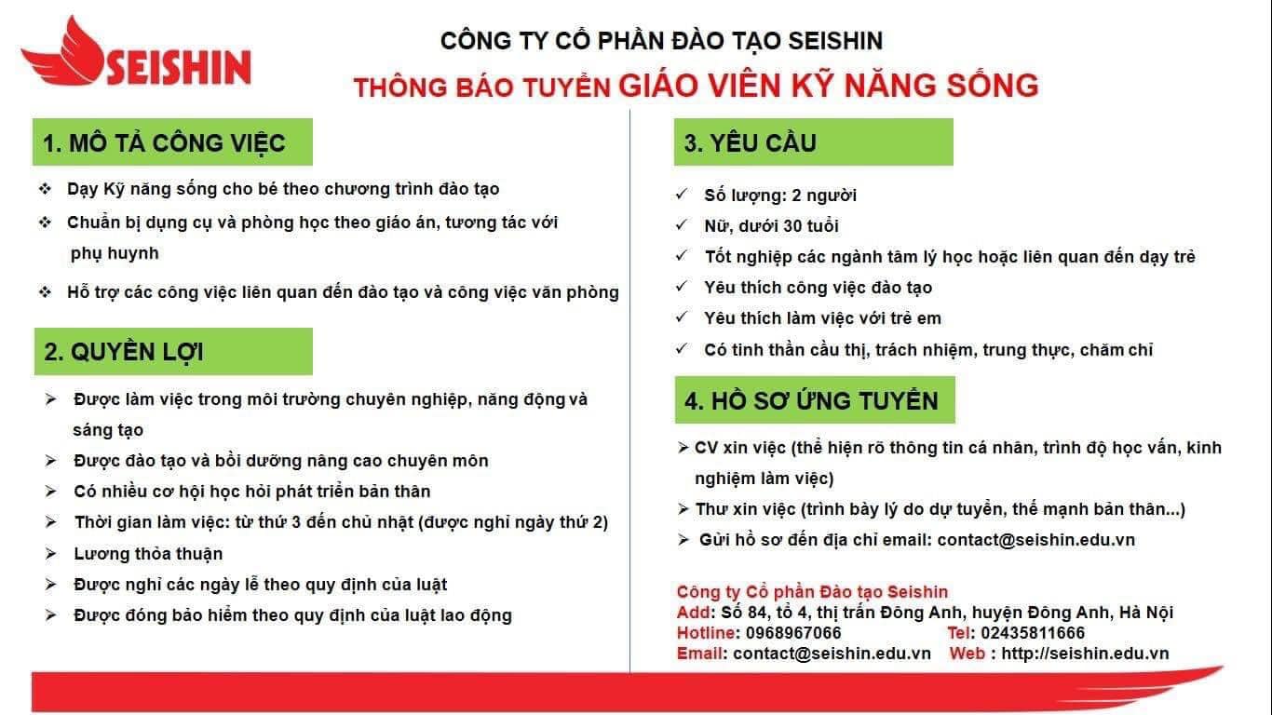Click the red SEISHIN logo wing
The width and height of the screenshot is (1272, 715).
tap(65, 57)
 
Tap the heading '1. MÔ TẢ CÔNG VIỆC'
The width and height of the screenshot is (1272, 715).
tap(164, 142)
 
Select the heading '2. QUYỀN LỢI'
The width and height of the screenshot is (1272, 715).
tap(124, 352)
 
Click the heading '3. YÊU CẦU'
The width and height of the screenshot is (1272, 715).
tap(751, 142)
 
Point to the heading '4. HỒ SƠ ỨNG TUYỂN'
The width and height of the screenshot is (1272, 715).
tap(811, 400)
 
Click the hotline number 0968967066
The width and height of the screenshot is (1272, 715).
tap(793, 633)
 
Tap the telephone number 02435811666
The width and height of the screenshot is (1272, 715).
tap(1033, 633)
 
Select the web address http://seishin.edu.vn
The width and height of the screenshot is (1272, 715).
tap(1085, 654)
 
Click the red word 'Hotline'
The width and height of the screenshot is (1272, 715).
tap(706, 633)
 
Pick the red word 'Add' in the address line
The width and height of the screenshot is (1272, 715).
tap(693, 613)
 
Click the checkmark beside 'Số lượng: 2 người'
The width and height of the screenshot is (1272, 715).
tap(682, 195)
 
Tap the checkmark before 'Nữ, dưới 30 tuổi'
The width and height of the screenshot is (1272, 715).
tap(682, 225)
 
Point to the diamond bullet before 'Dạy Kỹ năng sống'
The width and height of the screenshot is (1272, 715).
tap(46, 189)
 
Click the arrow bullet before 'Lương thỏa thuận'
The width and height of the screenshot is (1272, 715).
tap(51, 553)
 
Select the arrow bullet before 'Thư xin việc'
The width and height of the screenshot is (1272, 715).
tap(683, 509)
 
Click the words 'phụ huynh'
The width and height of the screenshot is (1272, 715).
tap(115, 253)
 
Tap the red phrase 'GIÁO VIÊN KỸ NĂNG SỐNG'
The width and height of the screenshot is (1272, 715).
tap(829, 86)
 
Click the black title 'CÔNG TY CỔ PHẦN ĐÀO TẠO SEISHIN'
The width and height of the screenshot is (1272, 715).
tap(661, 41)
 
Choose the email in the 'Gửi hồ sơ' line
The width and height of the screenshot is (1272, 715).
tap(1036, 540)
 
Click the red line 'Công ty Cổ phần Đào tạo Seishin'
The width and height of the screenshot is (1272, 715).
tap(812, 592)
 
